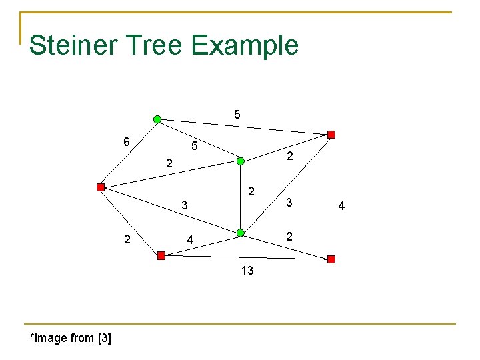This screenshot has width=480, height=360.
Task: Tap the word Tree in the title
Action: [x=158, y=45]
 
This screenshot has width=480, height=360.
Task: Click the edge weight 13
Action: [x=247, y=271]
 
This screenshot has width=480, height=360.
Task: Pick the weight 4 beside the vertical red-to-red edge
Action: [x=341, y=206]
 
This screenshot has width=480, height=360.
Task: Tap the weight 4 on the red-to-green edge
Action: [x=191, y=239]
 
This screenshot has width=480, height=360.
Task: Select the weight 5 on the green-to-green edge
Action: [x=194, y=145]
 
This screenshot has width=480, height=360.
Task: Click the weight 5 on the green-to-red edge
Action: [x=237, y=115]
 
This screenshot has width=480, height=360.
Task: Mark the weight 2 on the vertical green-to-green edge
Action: [x=251, y=192]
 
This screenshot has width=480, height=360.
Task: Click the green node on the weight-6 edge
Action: [x=157, y=119]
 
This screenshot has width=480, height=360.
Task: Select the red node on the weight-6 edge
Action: [x=100, y=187]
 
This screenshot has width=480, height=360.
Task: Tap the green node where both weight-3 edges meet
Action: [x=241, y=233]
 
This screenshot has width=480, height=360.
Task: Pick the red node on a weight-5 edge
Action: [x=331, y=135]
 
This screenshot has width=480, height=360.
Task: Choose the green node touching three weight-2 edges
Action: [x=241, y=161]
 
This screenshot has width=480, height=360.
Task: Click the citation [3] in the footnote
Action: [x=104, y=338]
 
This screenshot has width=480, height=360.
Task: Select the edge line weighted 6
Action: [x=129, y=153]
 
